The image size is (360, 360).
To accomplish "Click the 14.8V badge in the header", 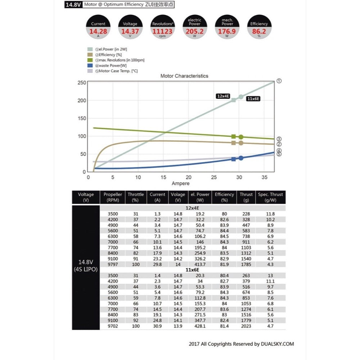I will (73, 5).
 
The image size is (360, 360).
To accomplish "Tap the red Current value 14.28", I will (98, 31).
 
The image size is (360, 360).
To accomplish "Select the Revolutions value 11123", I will (162, 31).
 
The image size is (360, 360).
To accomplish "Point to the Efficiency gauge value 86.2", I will (259, 31).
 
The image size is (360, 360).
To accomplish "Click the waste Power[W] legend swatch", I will (90, 66).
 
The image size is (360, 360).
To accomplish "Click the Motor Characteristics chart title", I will (184, 76).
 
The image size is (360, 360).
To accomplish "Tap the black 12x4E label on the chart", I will (223, 96).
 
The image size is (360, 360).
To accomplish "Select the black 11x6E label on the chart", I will (253, 98).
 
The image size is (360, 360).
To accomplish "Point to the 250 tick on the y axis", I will (81, 82).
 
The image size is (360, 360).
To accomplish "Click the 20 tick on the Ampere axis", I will (188, 177).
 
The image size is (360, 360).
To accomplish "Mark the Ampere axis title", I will (180, 184).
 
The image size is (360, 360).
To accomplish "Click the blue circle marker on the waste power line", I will (241, 158).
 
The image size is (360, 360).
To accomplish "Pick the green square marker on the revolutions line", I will (234, 136).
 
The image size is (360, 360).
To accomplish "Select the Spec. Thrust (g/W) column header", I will (270, 197).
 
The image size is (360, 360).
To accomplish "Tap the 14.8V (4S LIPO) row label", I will (86, 265).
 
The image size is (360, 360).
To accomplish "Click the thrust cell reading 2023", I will (246, 326).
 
